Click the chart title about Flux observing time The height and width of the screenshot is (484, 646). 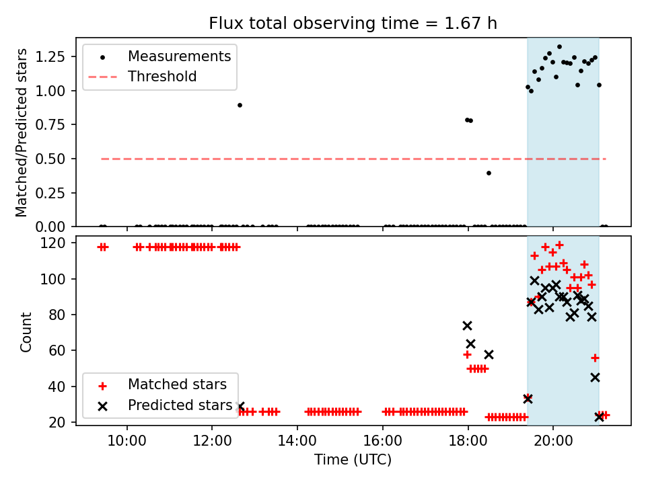point(353,24)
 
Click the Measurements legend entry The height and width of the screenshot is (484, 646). point(179,56)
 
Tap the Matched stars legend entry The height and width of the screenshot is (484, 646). point(177,385)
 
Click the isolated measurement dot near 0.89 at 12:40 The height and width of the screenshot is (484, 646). point(240,105)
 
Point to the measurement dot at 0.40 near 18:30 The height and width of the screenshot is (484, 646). point(489,173)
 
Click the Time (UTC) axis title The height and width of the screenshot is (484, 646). point(353,460)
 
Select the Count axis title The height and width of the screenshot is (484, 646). point(26,331)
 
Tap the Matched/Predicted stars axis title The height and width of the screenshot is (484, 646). point(22,132)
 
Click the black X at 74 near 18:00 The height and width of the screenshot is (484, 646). point(467,325)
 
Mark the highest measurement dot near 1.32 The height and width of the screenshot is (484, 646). point(559,47)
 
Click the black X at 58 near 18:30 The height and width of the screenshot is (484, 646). point(489,354)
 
